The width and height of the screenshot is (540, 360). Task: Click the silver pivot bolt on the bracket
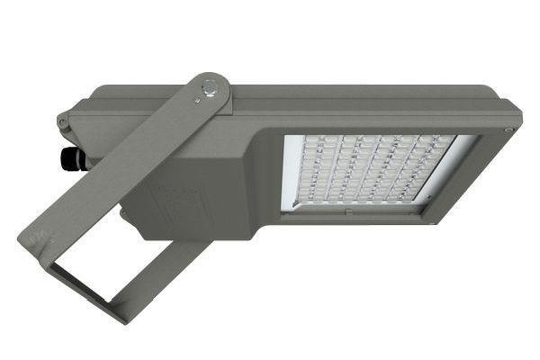210,89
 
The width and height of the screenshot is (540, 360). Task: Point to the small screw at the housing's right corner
508,132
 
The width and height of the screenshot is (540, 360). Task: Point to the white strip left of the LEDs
291,171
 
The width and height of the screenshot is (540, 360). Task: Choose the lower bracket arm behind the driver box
175,261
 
